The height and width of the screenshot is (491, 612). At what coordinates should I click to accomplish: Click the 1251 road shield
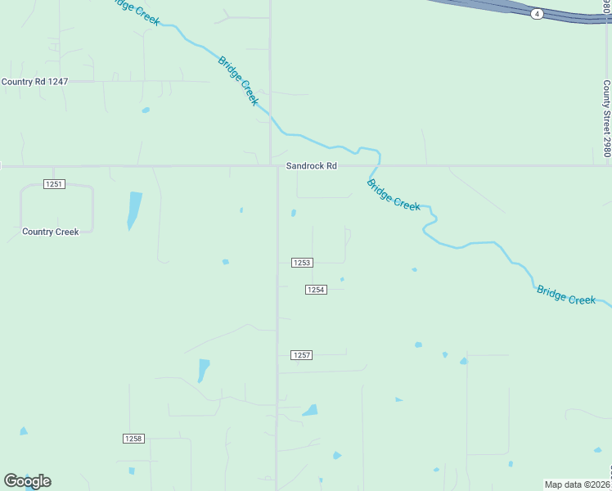(x=54, y=184)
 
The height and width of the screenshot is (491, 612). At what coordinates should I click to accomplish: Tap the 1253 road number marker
(x=302, y=263)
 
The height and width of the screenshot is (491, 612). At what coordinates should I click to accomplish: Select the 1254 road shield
(x=317, y=290)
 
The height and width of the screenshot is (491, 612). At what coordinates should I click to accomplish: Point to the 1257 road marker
(x=302, y=355)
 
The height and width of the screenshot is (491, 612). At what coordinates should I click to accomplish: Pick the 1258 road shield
(x=133, y=439)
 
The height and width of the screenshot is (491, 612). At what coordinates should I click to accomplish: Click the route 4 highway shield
(x=537, y=14)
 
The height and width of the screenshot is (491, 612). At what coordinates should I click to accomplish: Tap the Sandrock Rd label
(x=311, y=166)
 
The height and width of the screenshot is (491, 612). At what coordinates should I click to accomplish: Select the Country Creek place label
(x=51, y=232)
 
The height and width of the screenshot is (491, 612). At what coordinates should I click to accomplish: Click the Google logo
(x=27, y=481)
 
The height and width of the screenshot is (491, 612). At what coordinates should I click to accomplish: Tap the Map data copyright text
(x=578, y=484)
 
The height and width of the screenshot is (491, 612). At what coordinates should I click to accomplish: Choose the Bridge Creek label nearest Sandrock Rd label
(x=394, y=196)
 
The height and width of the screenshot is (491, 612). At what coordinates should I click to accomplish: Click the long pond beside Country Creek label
(x=134, y=210)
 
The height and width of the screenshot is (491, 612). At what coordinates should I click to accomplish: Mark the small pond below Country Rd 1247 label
(x=146, y=110)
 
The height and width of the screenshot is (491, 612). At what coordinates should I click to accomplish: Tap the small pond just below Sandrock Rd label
(x=294, y=214)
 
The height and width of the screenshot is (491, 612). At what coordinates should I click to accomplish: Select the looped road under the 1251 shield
(x=56, y=209)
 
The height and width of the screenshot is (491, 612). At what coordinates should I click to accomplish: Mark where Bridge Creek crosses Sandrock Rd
(x=379, y=166)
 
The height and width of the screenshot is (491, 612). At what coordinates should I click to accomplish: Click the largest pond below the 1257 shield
(x=310, y=410)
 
